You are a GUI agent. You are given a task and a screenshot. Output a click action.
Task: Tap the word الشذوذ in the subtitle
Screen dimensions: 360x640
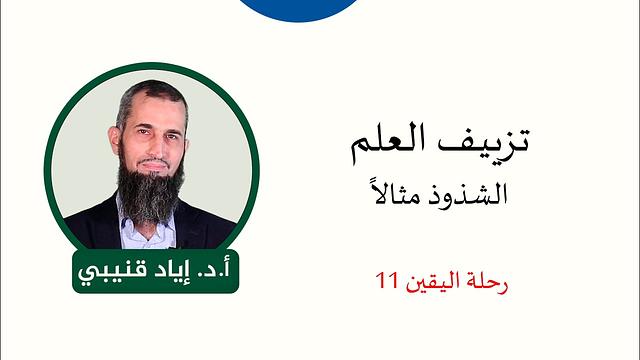(x=473, y=192)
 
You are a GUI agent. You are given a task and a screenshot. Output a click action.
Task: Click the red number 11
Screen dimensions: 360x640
(x=386, y=282)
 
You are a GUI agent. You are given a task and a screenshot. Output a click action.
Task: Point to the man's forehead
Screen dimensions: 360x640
(x=151, y=108)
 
